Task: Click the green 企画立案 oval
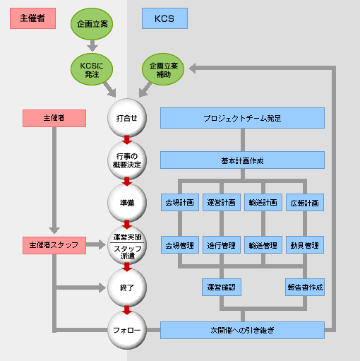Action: [92, 24]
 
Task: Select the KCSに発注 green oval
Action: [92, 69]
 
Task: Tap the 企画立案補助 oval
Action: [163, 69]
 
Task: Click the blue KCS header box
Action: [164, 18]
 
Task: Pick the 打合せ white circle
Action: [127, 118]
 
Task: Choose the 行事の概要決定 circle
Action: [127, 160]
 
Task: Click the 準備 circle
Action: [127, 203]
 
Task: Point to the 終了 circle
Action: [127, 288]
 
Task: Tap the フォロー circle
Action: [127, 330]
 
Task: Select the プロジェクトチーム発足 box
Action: [242, 118]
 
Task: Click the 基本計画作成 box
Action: [242, 160]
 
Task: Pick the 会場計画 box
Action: [180, 203]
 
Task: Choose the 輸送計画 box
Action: [263, 203]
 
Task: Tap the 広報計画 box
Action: [305, 203]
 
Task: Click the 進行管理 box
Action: [222, 245]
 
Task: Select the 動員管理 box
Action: [305, 245]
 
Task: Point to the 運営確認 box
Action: [222, 288]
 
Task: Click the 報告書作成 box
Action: [305, 288]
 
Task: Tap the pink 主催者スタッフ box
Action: [54, 245]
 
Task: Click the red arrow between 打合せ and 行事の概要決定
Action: [127, 140]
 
